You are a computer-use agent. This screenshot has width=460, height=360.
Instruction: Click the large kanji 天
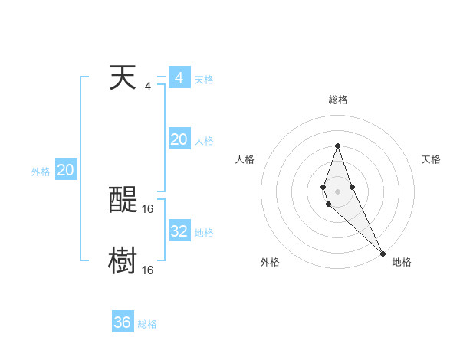pyautogui.click(x=122, y=78)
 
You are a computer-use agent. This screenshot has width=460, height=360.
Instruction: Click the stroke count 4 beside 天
pyautogui.click(x=148, y=86)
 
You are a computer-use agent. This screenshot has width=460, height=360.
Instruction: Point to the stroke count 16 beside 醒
pyautogui.click(x=148, y=208)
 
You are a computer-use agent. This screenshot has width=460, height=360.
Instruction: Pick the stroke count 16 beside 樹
pyautogui.click(x=148, y=270)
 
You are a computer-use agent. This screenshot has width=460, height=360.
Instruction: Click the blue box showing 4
pyautogui.click(x=179, y=78)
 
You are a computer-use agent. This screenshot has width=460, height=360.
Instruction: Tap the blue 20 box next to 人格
pyautogui.click(x=179, y=139)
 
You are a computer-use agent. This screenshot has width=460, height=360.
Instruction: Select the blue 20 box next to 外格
pyautogui.click(x=65, y=170)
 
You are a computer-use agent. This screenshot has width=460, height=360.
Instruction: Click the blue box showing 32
pyautogui.click(x=179, y=231)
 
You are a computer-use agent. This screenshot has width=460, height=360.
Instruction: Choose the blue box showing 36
pyautogui.click(x=122, y=322)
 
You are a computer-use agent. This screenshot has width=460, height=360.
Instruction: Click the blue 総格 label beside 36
pyautogui.click(x=147, y=324)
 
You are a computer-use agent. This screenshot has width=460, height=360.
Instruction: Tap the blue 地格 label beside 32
pyautogui.click(x=204, y=233)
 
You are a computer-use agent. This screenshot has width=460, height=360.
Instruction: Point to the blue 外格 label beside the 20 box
pyautogui.click(x=41, y=172)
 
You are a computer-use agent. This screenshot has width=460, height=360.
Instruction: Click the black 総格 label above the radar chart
pyautogui.click(x=338, y=100)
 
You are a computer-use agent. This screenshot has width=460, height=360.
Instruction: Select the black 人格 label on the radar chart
pyautogui.click(x=245, y=159)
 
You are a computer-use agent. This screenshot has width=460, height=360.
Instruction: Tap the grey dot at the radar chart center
pyautogui.click(x=337, y=189)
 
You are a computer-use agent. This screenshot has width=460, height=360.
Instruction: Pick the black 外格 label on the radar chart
pyautogui.click(x=270, y=262)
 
